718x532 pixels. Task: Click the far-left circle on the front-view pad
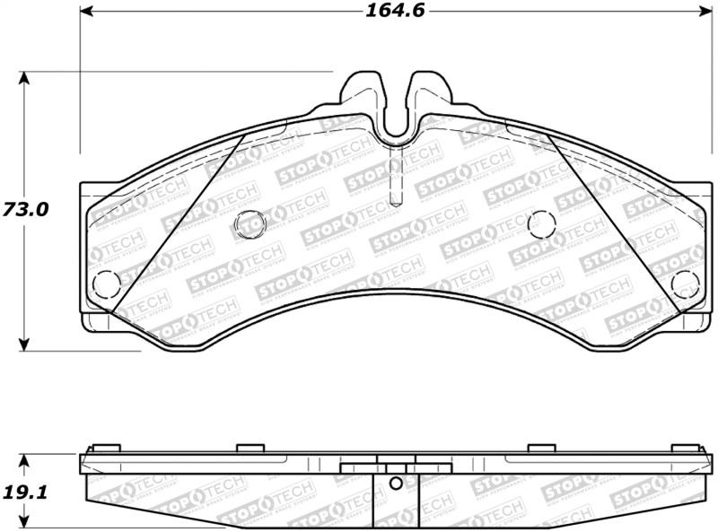[106, 283]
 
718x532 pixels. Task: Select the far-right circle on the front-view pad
[685, 283]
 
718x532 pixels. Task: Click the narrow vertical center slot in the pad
[395, 179]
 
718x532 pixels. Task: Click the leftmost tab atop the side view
[105, 449]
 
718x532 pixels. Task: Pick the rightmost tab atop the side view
[685, 449]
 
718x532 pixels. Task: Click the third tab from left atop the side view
[541, 449]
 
